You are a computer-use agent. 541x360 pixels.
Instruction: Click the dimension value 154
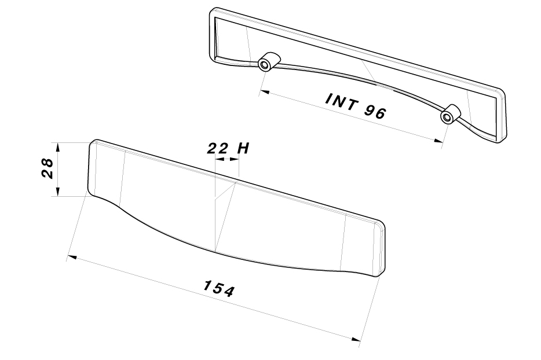(x=219, y=289)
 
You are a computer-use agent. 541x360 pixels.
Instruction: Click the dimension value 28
(x=47, y=168)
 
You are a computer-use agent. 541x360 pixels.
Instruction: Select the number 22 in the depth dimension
(x=218, y=149)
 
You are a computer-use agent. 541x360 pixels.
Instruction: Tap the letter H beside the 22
(x=243, y=149)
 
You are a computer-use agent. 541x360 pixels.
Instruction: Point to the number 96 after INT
(x=375, y=112)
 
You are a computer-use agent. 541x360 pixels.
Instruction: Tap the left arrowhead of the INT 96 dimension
(x=264, y=92)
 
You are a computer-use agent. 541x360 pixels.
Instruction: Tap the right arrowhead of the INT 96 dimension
(x=438, y=140)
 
